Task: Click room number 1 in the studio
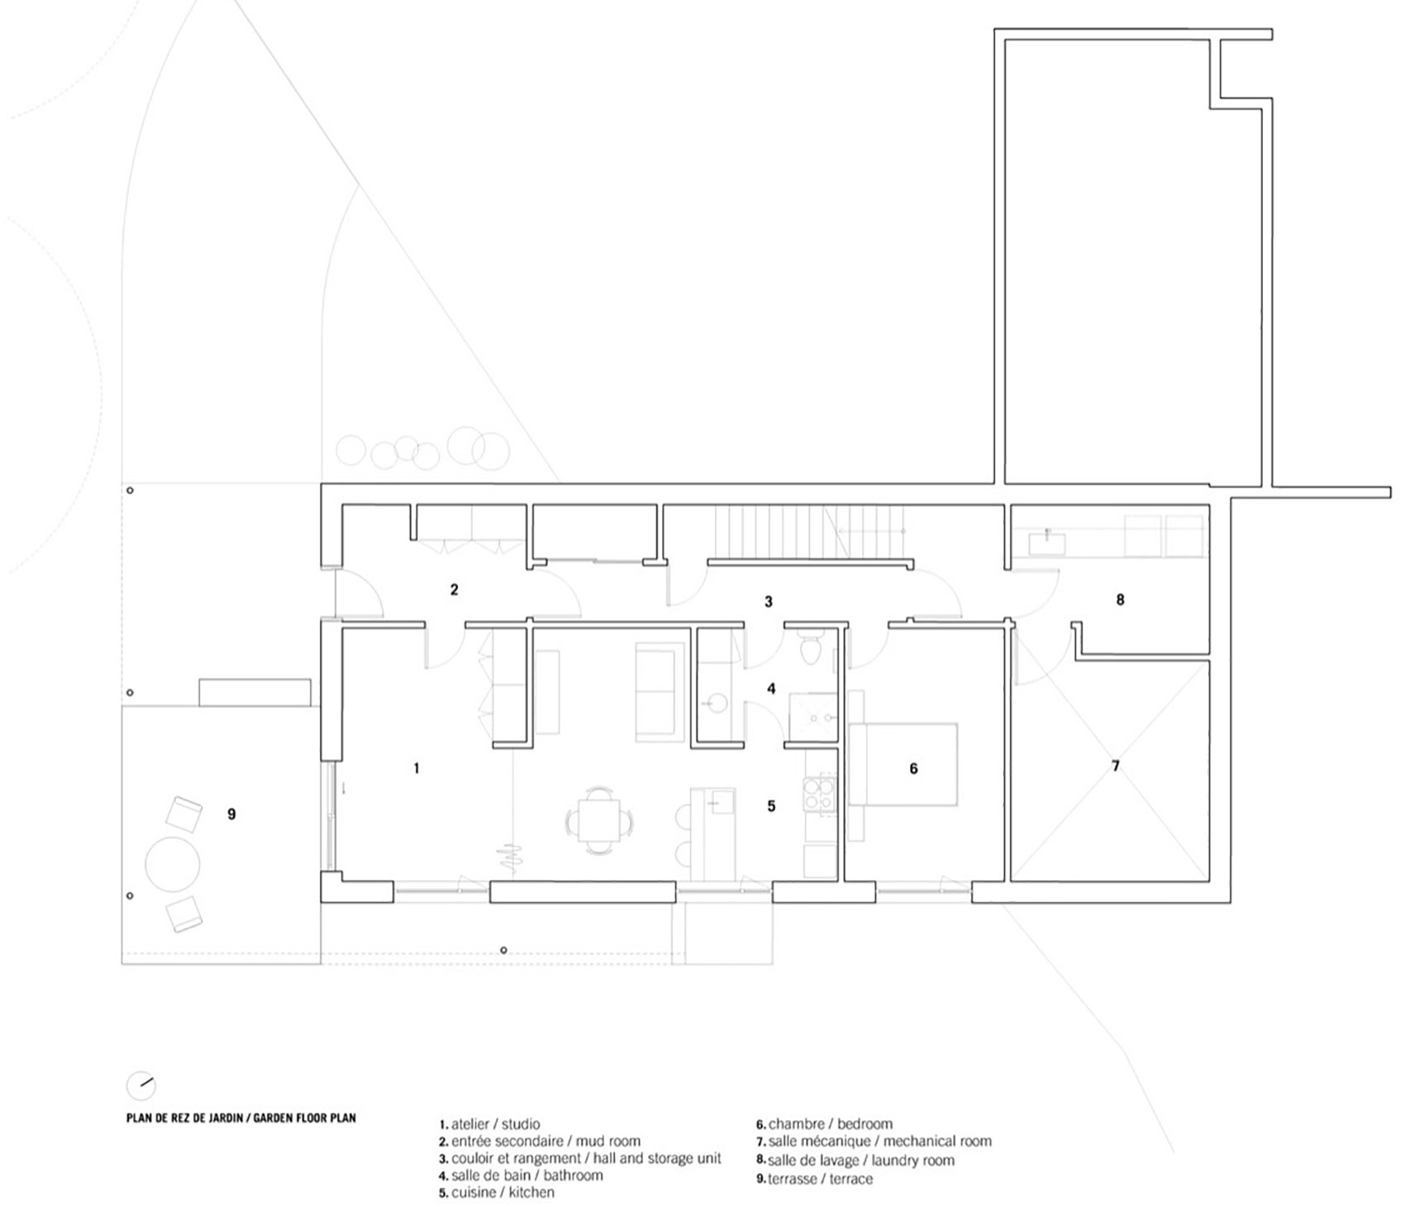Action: (x=417, y=768)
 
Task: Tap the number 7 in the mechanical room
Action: (x=1116, y=766)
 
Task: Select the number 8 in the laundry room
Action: (x=1120, y=599)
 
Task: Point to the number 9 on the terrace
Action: (x=231, y=814)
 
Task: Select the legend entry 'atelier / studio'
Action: (x=489, y=1124)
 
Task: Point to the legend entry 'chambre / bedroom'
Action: (x=824, y=1124)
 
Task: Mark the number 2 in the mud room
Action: (x=454, y=589)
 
